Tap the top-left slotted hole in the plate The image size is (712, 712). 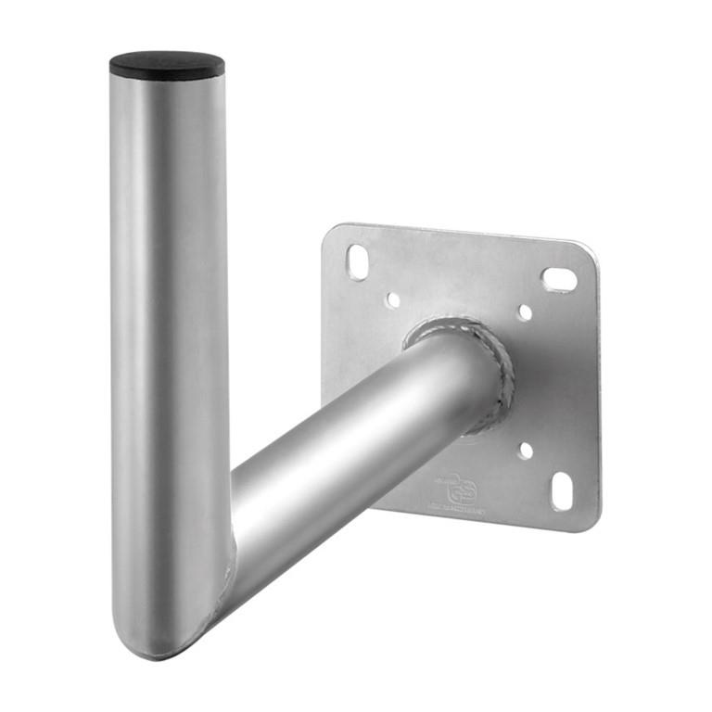[358, 261]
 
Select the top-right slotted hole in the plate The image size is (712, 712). [559, 279]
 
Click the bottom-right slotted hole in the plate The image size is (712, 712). [562, 490]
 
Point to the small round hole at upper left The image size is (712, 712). [393, 300]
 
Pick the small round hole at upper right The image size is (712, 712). [525, 312]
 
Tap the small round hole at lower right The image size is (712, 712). [526, 451]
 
